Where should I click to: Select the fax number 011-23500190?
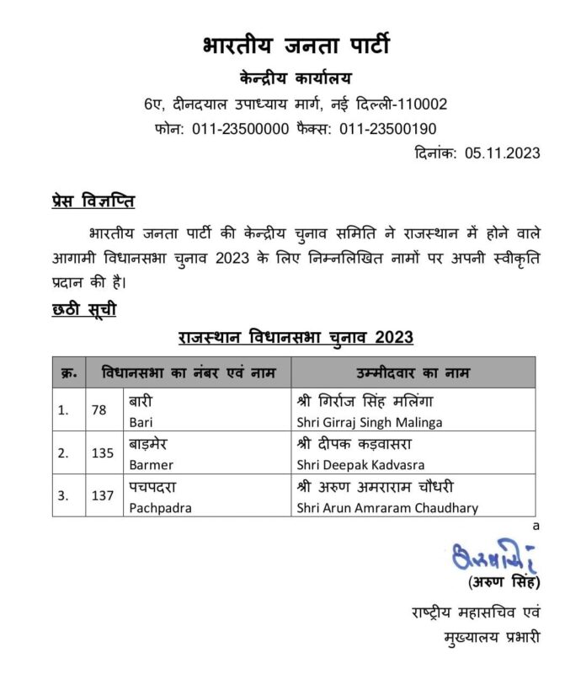[x=388, y=129]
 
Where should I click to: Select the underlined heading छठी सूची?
[x=84, y=309]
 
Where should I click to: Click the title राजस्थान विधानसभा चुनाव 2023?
[x=296, y=338]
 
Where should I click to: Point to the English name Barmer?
[x=151, y=464]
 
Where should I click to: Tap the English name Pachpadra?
[x=159, y=508]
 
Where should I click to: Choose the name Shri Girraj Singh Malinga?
[x=370, y=421]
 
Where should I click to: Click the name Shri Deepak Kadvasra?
[x=360, y=464]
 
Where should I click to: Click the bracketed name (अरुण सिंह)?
[x=502, y=583]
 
